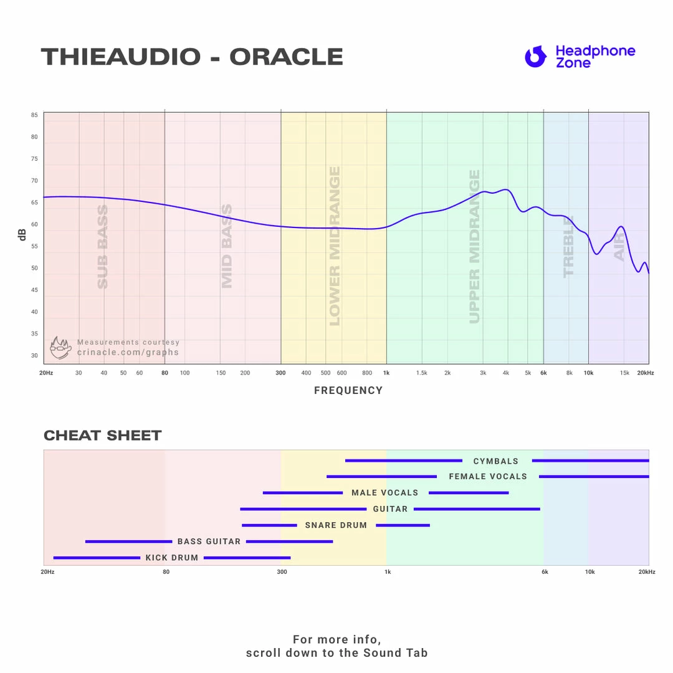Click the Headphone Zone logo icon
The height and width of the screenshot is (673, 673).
pos(535,57)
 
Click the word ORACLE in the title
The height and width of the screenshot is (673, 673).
pos(286,57)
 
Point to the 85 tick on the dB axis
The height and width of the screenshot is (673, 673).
pos(34,115)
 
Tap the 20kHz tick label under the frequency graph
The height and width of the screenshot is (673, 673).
pos(645,373)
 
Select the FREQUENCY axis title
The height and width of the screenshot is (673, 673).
pos(348,391)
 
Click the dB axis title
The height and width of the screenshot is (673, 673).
pos(22,234)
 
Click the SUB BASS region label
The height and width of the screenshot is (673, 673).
pos(103,247)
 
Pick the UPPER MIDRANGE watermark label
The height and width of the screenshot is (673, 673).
pos(475,247)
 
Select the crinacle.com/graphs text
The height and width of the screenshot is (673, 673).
pos(128,353)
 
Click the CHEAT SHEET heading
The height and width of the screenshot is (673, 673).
pos(103,436)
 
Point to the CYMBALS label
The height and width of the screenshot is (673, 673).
pos(496,461)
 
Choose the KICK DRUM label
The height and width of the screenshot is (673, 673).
pos(172,558)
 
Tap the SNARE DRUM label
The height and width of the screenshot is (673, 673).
pos(336,525)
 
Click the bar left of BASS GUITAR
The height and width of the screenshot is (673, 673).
pos(128,542)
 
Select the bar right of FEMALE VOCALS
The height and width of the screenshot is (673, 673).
pos(593,477)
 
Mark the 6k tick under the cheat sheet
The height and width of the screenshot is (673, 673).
pos(545,572)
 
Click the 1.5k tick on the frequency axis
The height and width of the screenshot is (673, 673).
pos(422,373)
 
